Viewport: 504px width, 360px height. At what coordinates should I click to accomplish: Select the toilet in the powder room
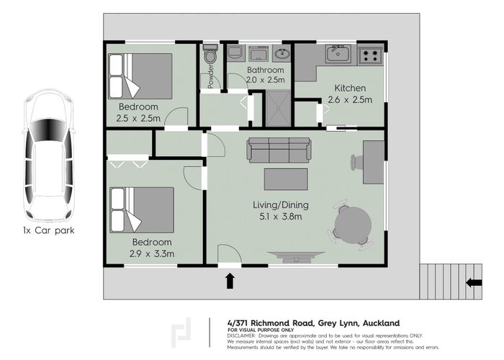(x=210, y=55)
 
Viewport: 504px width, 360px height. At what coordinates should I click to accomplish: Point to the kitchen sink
(x=337, y=53)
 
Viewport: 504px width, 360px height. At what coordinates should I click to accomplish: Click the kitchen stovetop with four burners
(x=371, y=53)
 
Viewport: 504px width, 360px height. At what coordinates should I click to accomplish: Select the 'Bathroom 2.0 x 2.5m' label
(x=259, y=74)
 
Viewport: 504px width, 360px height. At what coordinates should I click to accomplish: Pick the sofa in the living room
(x=279, y=149)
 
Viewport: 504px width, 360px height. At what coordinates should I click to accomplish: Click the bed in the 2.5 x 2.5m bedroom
(x=140, y=75)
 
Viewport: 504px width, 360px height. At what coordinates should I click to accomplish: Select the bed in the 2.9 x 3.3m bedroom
(x=142, y=210)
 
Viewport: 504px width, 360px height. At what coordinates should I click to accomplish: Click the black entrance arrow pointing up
(x=230, y=280)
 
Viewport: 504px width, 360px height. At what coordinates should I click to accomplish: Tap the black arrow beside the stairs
(x=474, y=282)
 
